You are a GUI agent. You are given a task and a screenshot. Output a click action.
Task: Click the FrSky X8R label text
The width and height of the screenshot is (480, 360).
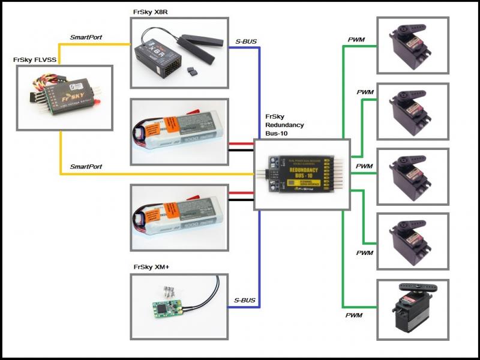pos(155,11)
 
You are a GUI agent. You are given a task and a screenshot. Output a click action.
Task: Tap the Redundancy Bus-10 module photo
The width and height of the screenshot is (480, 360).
pos(302,173)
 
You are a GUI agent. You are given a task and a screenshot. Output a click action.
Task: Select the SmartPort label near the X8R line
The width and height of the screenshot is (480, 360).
pos(86,37)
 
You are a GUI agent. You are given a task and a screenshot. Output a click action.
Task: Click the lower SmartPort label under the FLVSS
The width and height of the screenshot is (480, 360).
pos(86,166)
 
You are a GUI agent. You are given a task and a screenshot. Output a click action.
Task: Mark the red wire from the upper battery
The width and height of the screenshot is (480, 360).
pos(241,144)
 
